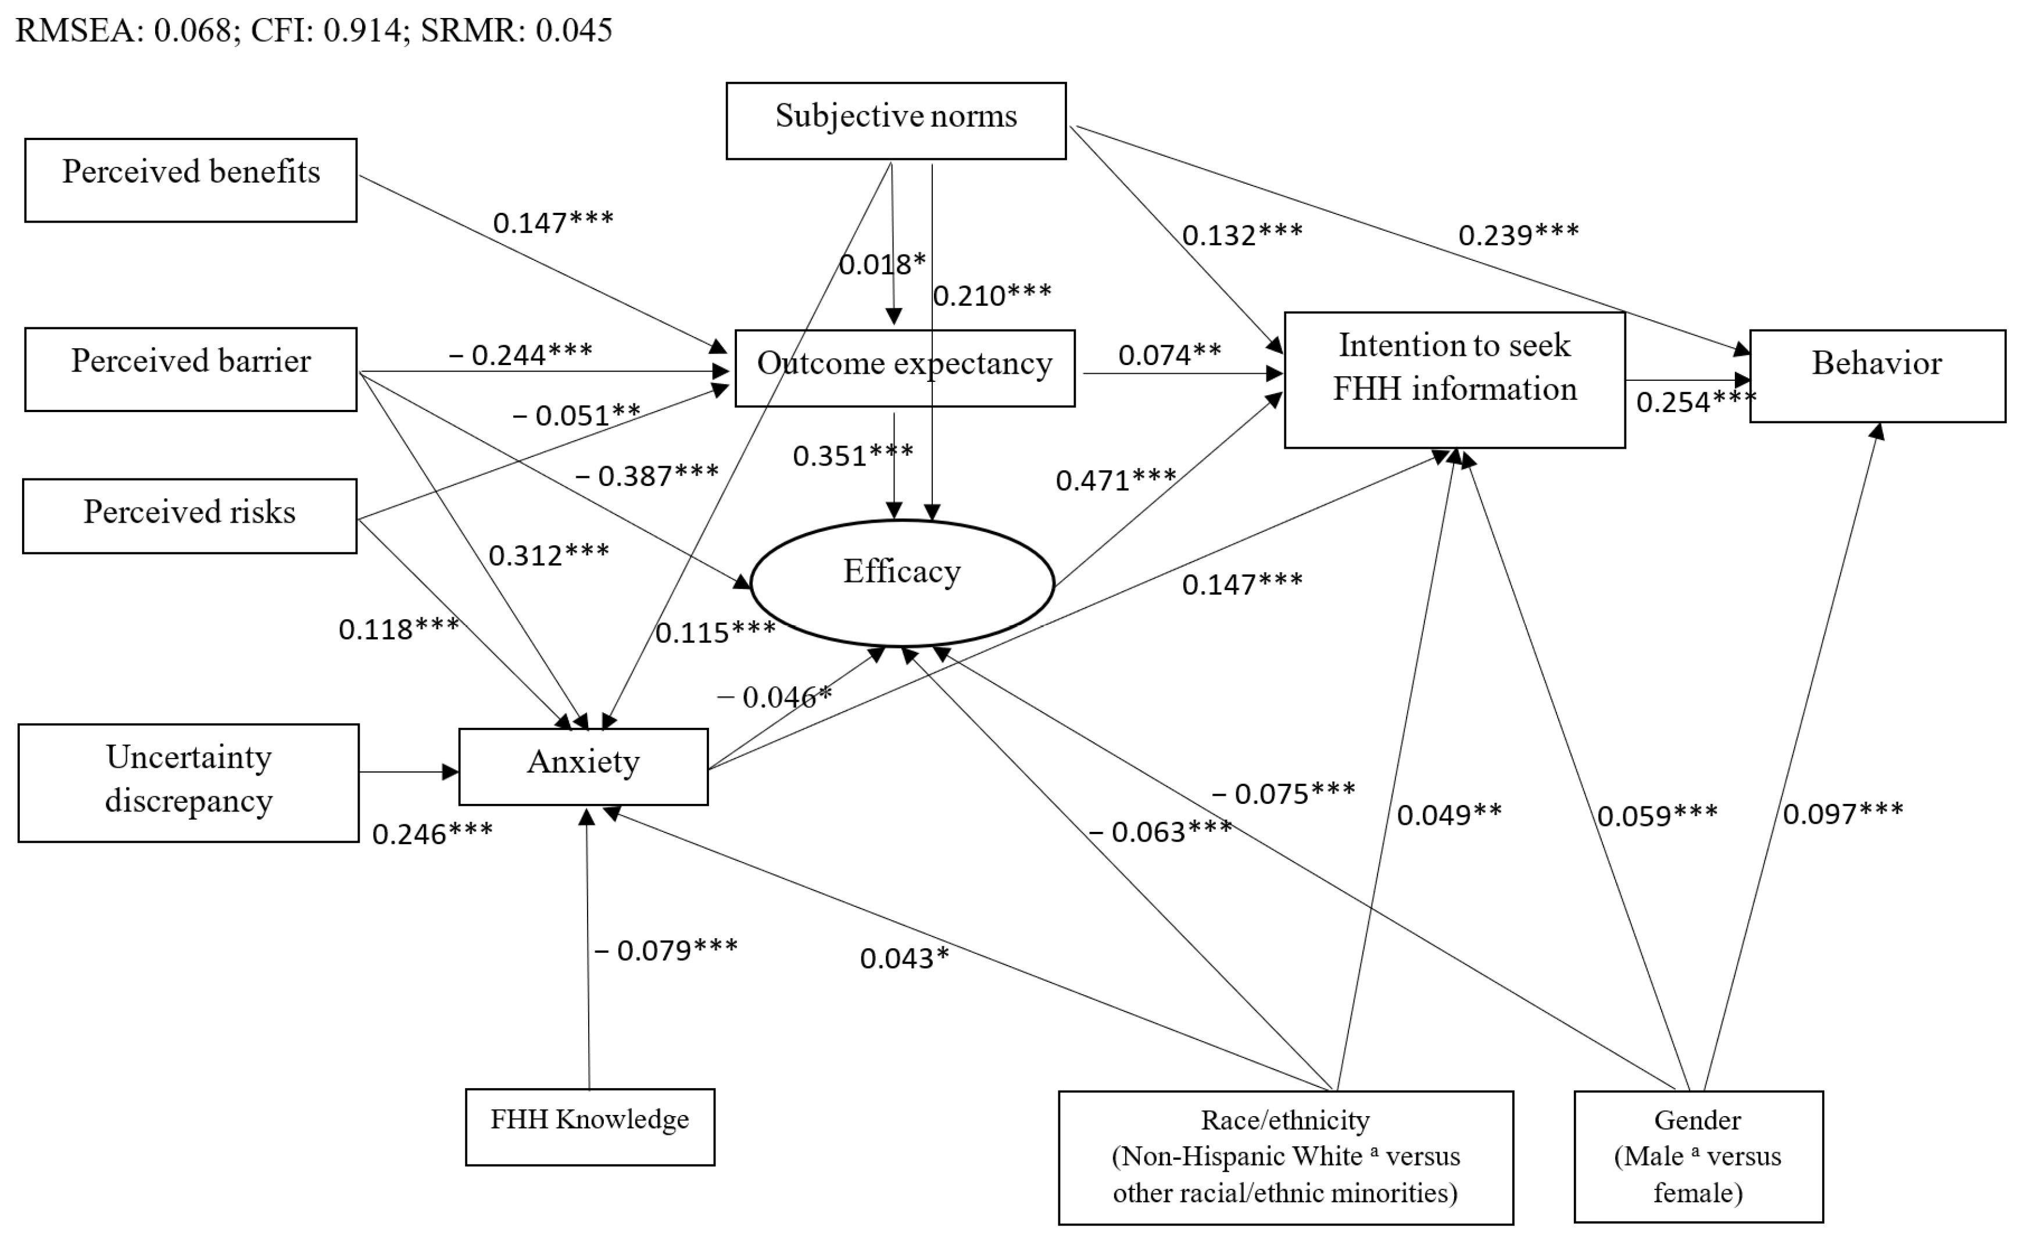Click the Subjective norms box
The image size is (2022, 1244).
[895, 120]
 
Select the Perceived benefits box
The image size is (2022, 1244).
[190, 180]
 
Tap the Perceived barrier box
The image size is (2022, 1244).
[190, 369]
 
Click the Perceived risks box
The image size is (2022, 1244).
[189, 515]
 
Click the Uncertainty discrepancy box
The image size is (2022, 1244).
[188, 782]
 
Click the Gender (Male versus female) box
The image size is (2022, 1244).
[1697, 1156]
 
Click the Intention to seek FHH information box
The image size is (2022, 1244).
[1454, 378]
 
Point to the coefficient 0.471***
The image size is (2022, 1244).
[1115, 480]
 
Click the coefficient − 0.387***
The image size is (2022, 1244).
[646, 476]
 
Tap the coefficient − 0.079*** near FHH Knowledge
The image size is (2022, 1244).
[665, 950]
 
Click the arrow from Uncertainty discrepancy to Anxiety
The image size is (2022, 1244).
[408, 772]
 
